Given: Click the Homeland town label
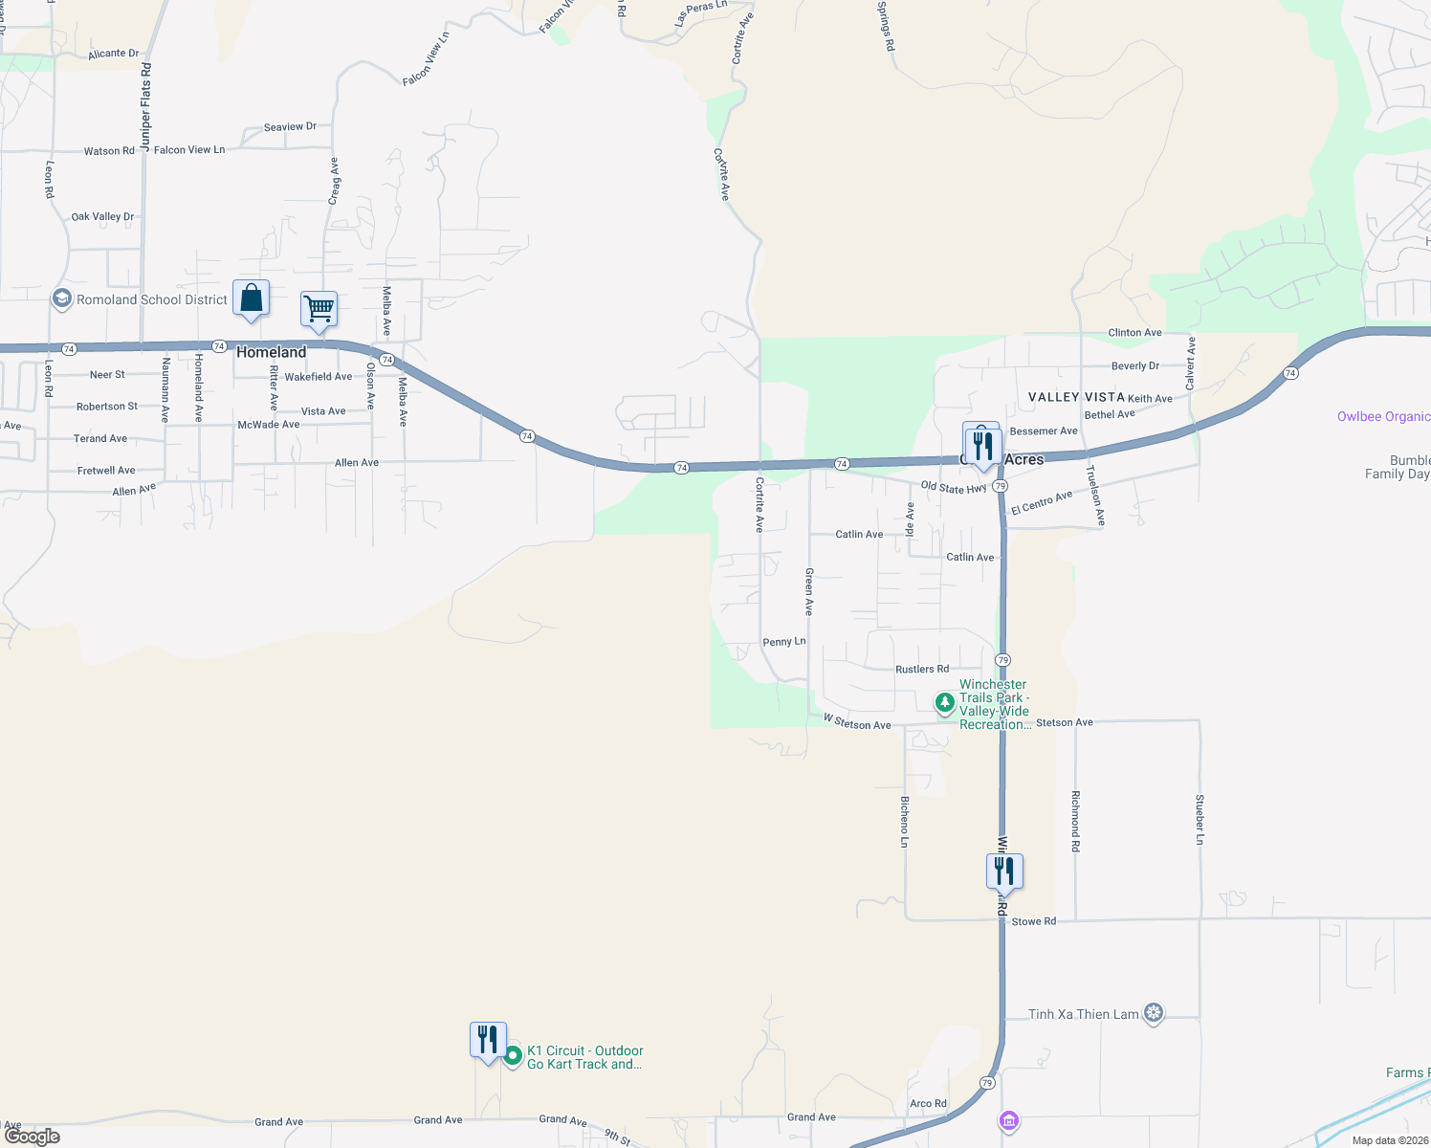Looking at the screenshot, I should [271, 352].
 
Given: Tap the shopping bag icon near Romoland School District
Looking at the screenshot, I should [251, 298].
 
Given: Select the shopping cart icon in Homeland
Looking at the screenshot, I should [319, 310].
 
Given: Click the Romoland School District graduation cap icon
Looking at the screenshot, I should [62, 299].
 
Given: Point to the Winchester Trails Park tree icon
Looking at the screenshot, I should [945, 703].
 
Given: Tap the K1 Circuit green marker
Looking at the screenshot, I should [513, 1056].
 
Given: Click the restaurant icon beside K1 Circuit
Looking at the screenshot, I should [488, 1040].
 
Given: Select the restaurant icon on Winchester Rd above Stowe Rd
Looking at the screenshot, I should [1004, 872].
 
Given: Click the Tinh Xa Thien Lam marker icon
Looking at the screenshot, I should [1154, 1013].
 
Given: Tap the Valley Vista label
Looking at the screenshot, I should [1076, 397].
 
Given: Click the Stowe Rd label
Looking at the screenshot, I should [1034, 921].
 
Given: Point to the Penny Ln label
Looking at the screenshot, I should [784, 642].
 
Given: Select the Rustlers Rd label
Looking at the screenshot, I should [922, 669].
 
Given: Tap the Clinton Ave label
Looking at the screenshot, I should [1134, 333].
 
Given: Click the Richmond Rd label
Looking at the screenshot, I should [1076, 821].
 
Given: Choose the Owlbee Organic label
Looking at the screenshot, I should [1383, 416].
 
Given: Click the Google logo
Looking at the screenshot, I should [33, 1136].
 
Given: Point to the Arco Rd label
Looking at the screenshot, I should [928, 1103].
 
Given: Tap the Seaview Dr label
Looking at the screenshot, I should [290, 126].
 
